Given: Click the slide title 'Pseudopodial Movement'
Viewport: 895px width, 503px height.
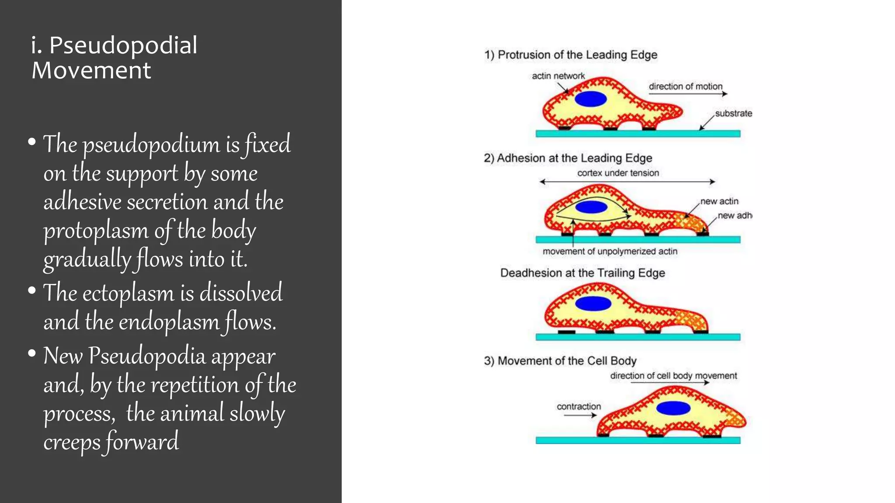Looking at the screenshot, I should point(114,58).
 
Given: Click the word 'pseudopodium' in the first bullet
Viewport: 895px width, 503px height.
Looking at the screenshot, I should point(151,145).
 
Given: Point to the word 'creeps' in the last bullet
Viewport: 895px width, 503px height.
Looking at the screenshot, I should point(72,442).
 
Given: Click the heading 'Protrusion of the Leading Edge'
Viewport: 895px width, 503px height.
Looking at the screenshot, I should point(571,55).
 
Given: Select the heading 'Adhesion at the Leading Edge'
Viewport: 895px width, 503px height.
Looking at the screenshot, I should point(568,158).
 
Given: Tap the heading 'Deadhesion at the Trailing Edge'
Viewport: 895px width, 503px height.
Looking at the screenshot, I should point(583,273).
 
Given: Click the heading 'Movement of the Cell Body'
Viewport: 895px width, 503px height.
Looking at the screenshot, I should point(560,361).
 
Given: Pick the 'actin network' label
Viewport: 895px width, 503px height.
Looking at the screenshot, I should point(558,76).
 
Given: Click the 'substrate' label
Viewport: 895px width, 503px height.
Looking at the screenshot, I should point(733,114).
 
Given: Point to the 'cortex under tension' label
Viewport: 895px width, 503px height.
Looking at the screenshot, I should point(618,173).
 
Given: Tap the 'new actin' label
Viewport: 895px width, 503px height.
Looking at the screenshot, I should point(719,201).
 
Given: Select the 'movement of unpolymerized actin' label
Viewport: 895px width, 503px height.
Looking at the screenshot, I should point(610,251).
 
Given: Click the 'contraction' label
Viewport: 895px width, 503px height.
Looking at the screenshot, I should point(579,407).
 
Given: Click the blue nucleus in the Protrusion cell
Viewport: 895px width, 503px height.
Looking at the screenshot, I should point(591,99).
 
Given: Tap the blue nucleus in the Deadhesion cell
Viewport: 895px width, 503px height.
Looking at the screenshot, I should point(593,303).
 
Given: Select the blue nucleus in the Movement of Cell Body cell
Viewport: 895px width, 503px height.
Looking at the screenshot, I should point(673,408).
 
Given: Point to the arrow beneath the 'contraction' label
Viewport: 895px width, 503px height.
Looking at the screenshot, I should point(580,415).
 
